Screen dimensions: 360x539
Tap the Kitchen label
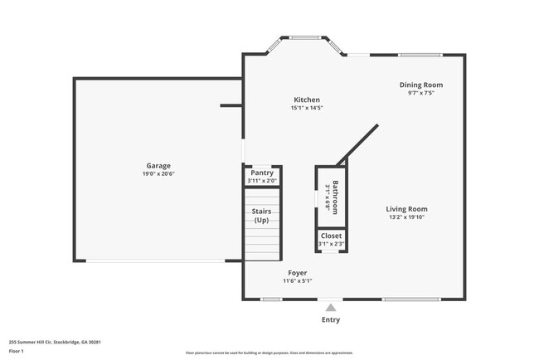point(306,100)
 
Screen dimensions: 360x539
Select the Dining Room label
point(421,85)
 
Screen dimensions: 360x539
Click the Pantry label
point(262,173)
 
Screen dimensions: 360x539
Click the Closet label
point(331,236)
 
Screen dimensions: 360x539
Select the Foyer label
point(297,273)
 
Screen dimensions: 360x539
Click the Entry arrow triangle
point(331,307)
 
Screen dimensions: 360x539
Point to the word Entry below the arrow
point(331,320)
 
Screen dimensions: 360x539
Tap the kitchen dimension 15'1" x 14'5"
point(306,108)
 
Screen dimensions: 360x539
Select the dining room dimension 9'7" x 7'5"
point(421,93)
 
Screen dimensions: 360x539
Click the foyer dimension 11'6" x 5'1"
point(297,281)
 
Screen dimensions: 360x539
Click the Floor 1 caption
point(17,351)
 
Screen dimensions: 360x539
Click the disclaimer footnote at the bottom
point(269,353)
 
